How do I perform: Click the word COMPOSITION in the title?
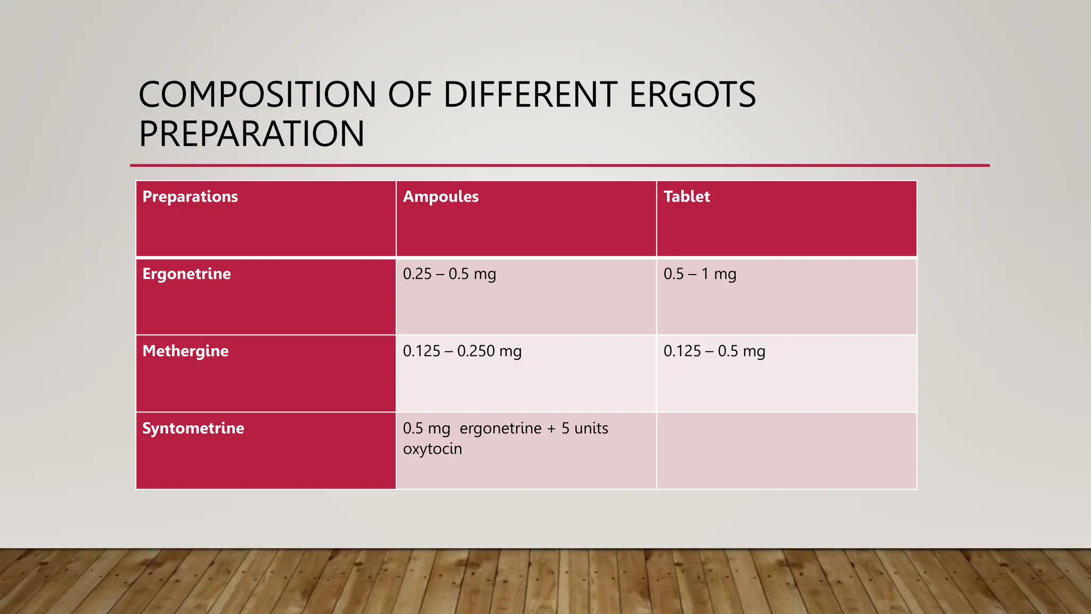coord(257,95)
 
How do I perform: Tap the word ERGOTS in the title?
coord(692,95)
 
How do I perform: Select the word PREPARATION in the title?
coord(251,134)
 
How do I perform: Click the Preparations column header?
coord(190,197)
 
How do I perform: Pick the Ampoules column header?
coord(441,197)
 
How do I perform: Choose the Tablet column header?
coord(686,197)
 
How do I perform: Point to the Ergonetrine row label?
coord(186,274)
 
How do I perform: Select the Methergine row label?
coord(185,351)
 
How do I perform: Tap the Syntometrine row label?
coord(193,429)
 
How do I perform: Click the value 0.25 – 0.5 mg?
coord(449,274)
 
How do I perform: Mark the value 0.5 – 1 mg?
coord(699,274)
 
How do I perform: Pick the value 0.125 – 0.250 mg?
coord(462,351)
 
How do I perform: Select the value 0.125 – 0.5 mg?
coord(714,351)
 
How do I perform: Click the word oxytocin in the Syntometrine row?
coord(432,449)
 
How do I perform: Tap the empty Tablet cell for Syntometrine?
coord(786,450)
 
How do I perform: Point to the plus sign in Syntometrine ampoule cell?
coord(551,429)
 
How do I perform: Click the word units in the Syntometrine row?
coord(591,429)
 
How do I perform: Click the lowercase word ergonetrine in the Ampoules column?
coord(500,429)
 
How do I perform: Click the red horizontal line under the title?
coord(559,166)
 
